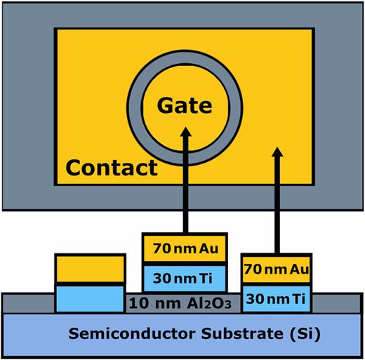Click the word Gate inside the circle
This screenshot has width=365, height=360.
click(185, 106)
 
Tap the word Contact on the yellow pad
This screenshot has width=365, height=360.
click(111, 168)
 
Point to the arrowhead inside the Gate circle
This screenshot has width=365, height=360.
click(186, 133)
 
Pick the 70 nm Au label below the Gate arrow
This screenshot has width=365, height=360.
click(185, 247)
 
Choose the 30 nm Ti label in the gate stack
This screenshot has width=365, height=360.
click(185, 277)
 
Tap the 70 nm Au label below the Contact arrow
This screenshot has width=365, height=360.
click(276, 268)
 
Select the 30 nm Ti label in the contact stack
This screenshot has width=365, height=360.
click(276, 298)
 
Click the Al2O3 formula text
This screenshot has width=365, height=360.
click(213, 303)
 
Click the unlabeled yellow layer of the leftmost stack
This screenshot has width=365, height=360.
click(91, 267)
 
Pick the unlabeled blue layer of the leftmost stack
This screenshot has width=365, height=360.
click(91, 298)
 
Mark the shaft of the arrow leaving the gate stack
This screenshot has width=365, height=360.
click(186, 189)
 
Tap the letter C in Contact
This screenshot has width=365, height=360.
click(74, 168)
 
